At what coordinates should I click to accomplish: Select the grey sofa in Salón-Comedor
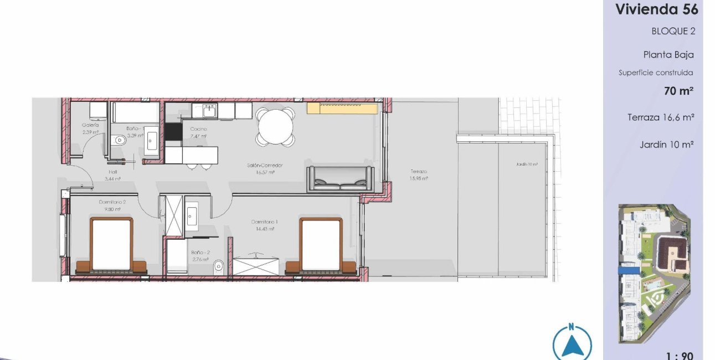click(x=340, y=178)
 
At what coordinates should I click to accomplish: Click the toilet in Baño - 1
click(x=120, y=141)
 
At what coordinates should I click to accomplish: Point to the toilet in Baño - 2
click(x=218, y=267)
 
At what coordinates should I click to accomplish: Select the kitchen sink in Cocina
click(x=209, y=111)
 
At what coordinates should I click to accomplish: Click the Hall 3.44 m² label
click(x=113, y=175)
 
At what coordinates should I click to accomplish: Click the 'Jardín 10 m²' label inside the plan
click(x=526, y=164)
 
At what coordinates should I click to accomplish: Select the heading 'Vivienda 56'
click(x=656, y=9)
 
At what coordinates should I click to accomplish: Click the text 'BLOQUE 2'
click(x=673, y=31)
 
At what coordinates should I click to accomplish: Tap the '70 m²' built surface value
click(x=679, y=91)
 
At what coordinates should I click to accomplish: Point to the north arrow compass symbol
click(x=572, y=343)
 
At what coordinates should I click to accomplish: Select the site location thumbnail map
click(x=654, y=274)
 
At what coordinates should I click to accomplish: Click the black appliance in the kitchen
click(x=173, y=131)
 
